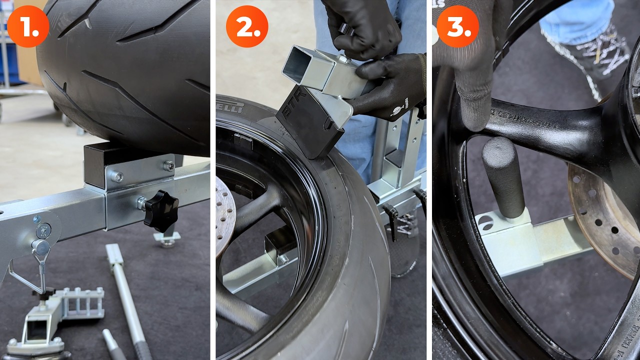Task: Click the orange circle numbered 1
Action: coord(28,27)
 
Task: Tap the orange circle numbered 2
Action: coord(247,27)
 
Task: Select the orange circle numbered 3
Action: coord(458,27)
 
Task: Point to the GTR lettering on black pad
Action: coord(289,110)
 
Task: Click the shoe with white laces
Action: coord(590,55)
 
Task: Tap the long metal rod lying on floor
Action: coord(125,295)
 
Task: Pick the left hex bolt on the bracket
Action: coord(117,176)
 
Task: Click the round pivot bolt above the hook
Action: coord(43,231)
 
